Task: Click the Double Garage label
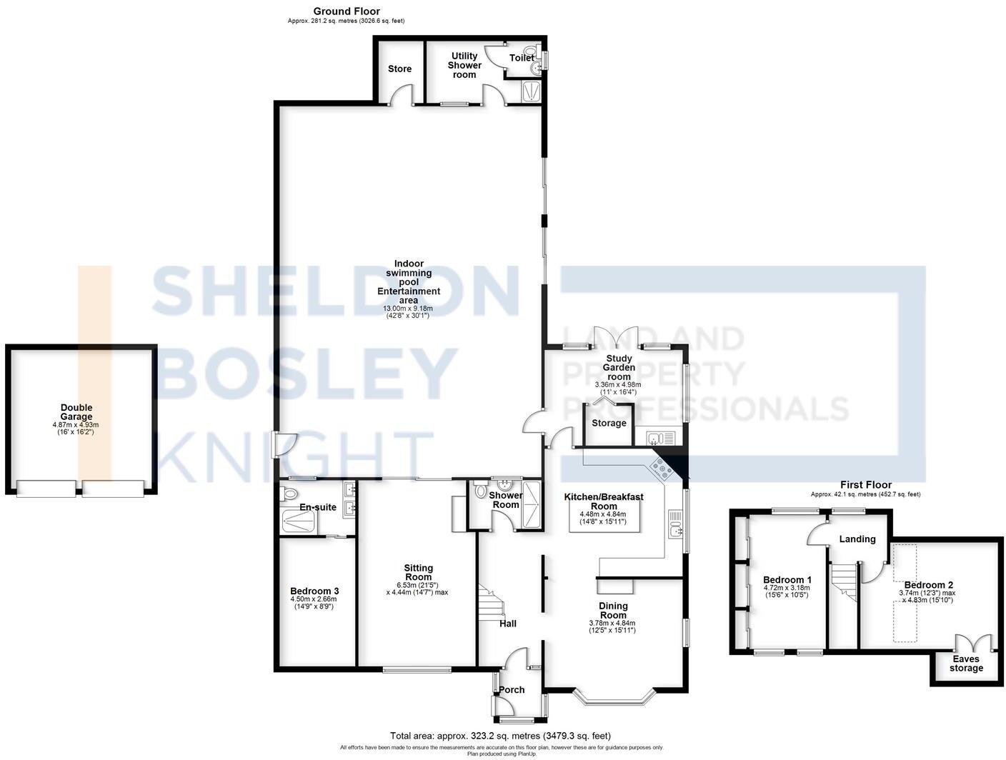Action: point(76,412)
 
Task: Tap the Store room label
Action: point(399,69)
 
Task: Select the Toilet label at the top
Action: point(521,58)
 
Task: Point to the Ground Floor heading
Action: point(347,11)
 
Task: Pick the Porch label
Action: point(512,689)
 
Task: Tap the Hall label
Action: point(508,624)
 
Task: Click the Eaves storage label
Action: point(966,664)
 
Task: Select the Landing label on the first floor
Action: point(857,539)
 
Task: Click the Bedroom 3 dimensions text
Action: point(314,603)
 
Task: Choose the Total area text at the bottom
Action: point(500,736)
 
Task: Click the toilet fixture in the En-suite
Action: point(290,493)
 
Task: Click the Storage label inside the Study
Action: point(609,423)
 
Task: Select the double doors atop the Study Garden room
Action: point(618,338)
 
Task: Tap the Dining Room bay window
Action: point(615,698)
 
